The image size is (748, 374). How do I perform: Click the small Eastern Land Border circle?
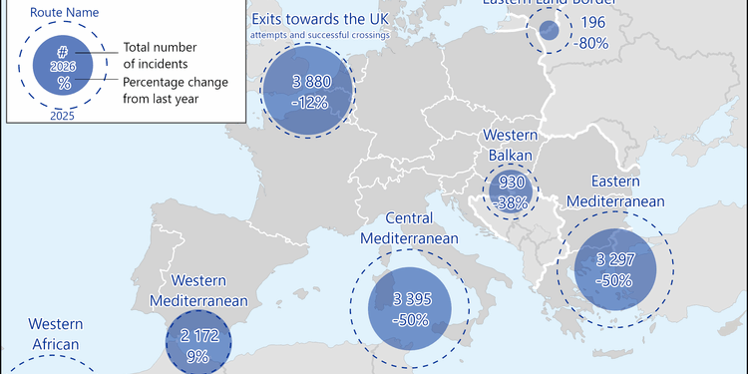click(549, 30)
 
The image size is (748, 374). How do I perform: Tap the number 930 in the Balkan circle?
click(510, 183)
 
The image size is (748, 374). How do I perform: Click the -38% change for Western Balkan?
click(510, 200)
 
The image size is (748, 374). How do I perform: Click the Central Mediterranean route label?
click(408, 228)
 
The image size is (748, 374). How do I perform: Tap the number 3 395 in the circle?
click(410, 300)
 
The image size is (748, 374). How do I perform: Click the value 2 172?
click(199, 337)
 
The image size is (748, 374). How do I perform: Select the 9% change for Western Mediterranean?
click(199, 356)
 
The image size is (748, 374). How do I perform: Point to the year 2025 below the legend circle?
click(64, 116)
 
